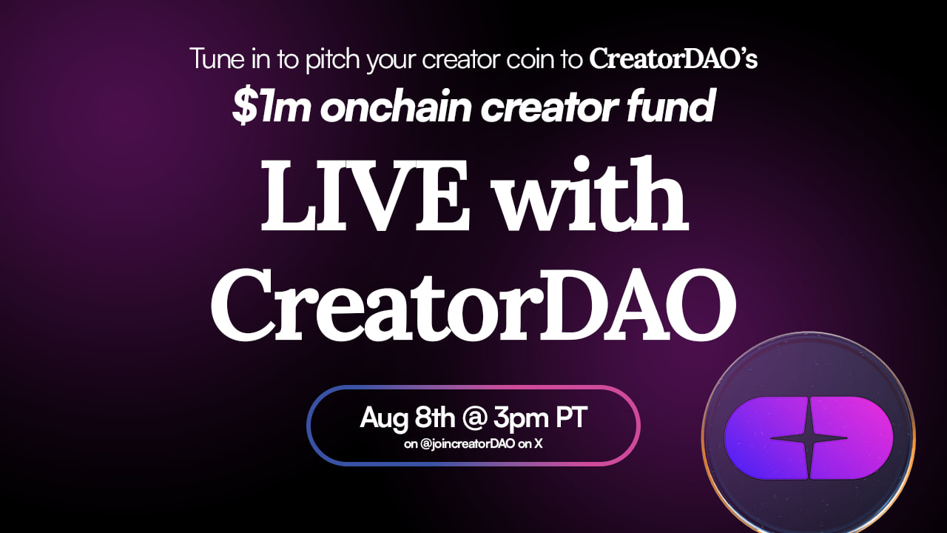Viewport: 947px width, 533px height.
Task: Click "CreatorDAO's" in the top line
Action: click(x=673, y=58)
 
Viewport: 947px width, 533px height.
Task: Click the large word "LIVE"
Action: click(x=365, y=196)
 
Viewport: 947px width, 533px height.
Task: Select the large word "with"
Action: click(x=593, y=193)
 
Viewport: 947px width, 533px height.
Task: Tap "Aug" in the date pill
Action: click(x=384, y=418)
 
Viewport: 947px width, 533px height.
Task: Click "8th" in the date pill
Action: click(x=434, y=417)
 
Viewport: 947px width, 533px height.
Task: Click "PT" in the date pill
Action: click(x=570, y=418)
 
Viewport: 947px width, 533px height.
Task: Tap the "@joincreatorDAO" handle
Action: click(x=468, y=444)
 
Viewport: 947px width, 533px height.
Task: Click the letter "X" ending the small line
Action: click(x=538, y=444)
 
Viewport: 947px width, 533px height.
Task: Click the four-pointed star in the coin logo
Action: click(x=809, y=438)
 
